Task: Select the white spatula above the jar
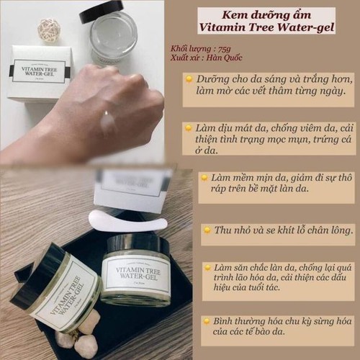[x=127, y=220]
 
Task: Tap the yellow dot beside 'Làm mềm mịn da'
[x=204, y=176]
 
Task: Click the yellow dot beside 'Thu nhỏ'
[x=207, y=230]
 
